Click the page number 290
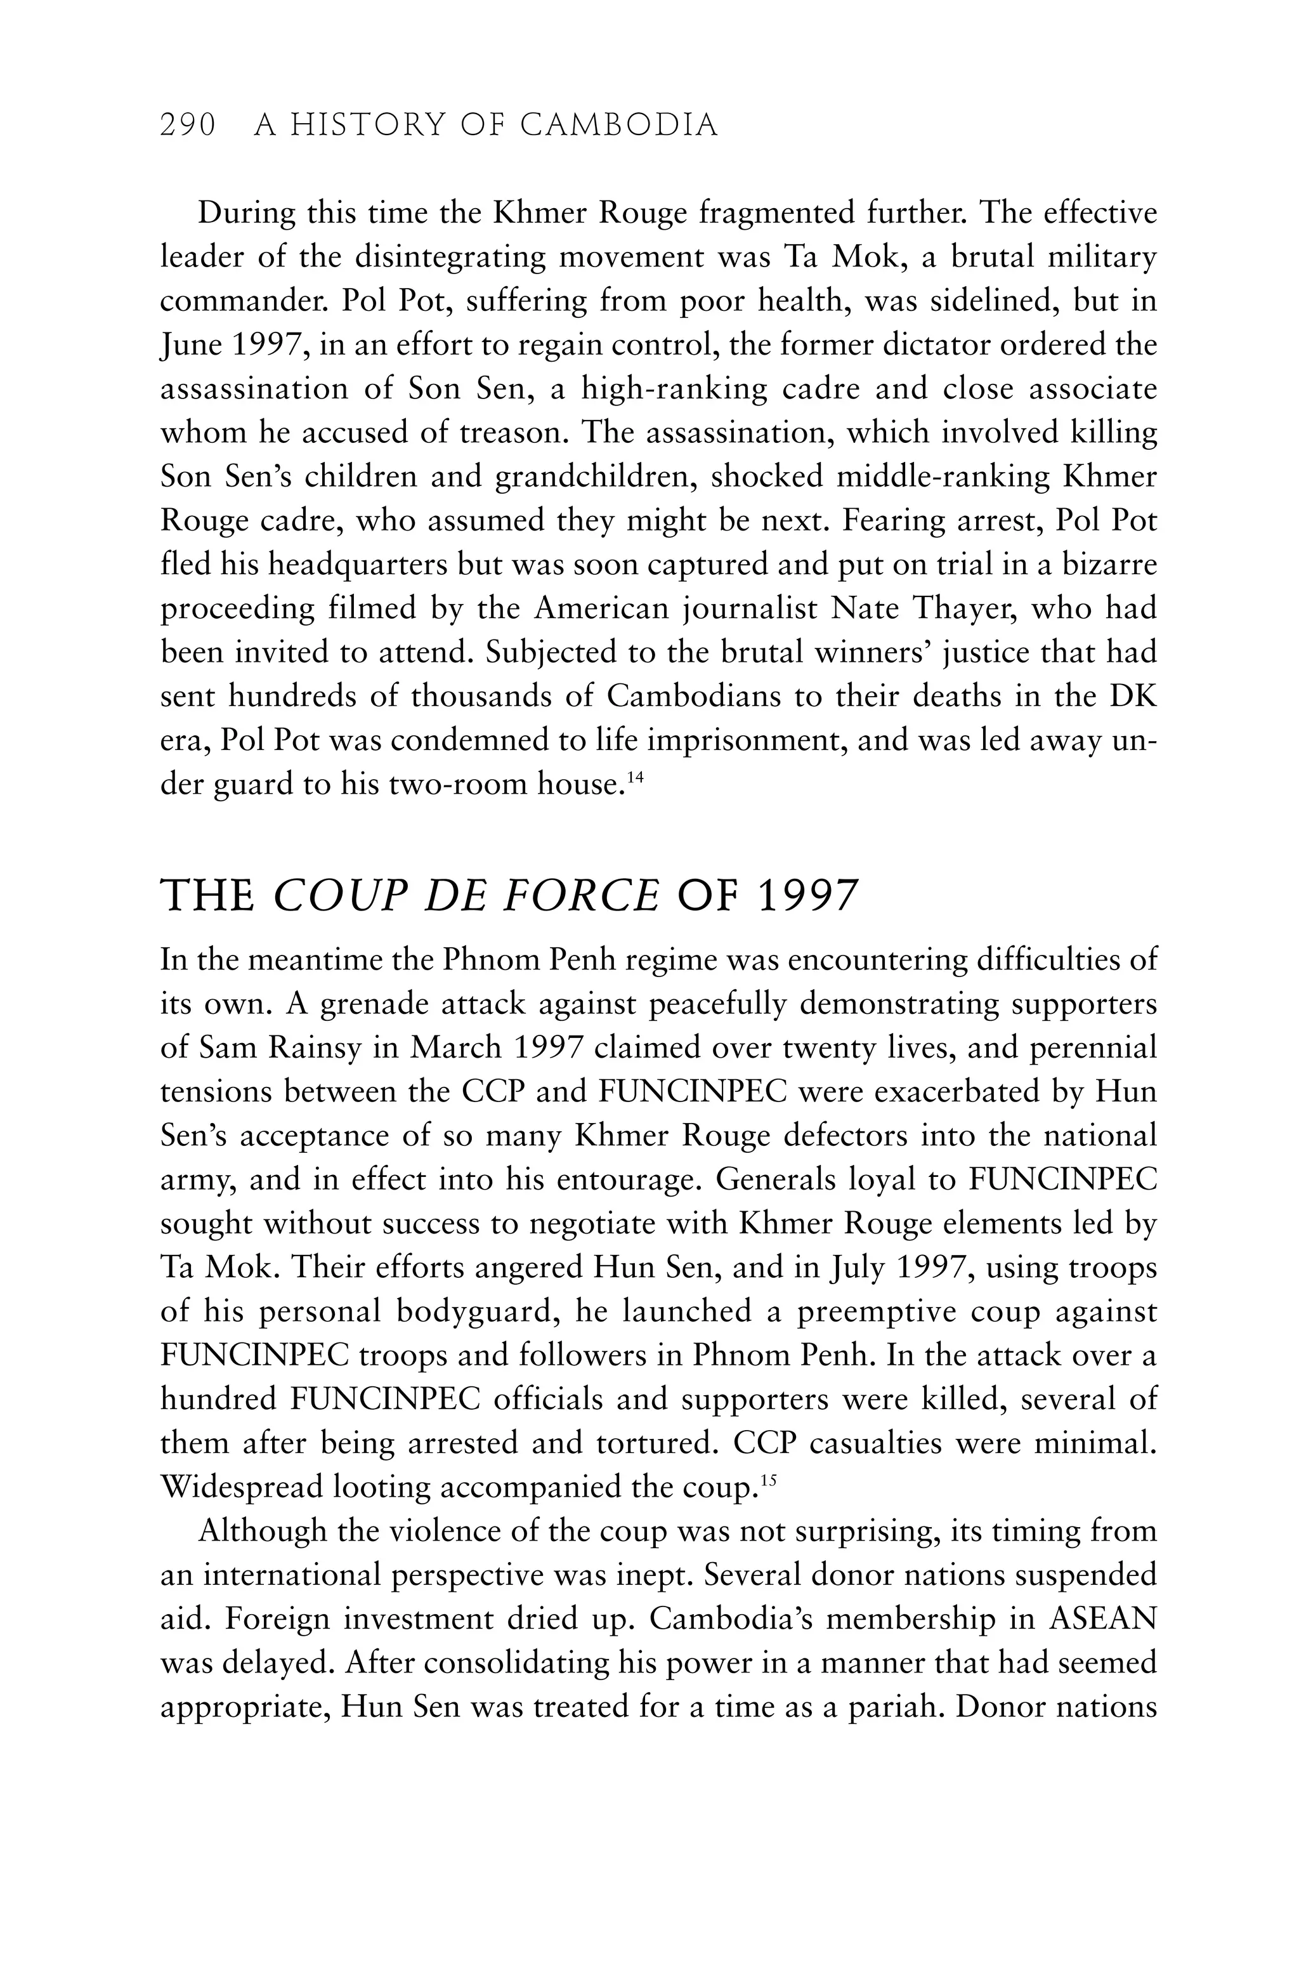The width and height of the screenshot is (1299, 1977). coord(188,126)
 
